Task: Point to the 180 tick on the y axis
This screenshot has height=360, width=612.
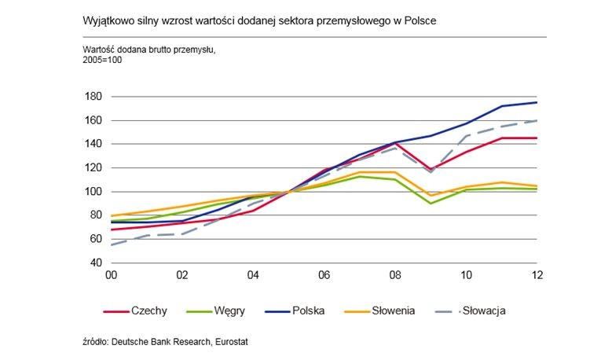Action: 97,97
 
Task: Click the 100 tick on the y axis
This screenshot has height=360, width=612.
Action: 97,192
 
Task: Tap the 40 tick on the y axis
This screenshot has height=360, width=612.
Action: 99,263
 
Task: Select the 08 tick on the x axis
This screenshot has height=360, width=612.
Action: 395,276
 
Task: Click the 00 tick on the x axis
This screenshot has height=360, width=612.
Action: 112,276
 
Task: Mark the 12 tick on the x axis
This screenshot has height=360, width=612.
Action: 537,276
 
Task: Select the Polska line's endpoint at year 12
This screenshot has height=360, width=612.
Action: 537,102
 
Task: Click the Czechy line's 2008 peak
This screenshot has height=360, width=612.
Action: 395,142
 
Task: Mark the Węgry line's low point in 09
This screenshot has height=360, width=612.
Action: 431,204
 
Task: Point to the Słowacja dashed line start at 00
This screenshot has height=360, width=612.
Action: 112,244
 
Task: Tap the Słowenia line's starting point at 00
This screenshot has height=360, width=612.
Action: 112,215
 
